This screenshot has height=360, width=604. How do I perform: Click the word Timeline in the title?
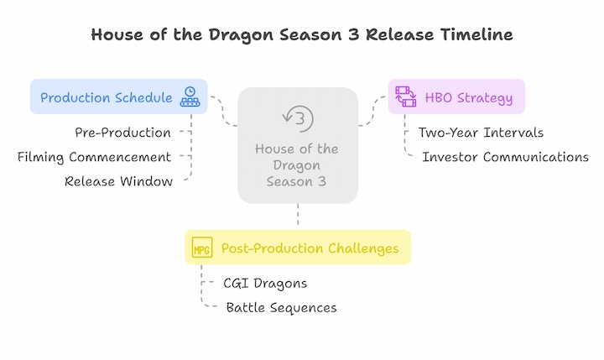(x=476, y=34)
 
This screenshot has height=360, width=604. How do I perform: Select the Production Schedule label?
(x=107, y=97)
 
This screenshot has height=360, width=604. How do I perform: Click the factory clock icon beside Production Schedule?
(x=190, y=97)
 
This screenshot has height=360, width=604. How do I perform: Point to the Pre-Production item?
(x=122, y=133)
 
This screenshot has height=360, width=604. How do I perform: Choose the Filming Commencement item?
(x=94, y=157)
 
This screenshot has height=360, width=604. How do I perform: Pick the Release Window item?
(x=118, y=181)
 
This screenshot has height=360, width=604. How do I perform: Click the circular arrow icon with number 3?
(x=298, y=118)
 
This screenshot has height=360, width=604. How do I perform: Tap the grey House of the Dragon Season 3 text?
(x=297, y=165)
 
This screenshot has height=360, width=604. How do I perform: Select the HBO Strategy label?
(x=469, y=98)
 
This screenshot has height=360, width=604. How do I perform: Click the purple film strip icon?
(x=406, y=97)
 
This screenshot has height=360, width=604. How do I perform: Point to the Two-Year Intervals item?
(x=481, y=133)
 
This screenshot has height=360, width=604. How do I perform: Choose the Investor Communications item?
(x=505, y=157)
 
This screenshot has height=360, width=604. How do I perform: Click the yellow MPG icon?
(x=202, y=247)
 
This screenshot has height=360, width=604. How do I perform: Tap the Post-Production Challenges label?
(x=310, y=248)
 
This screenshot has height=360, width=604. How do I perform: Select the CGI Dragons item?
(x=265, y=284)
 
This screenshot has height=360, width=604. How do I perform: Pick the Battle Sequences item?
(x=282, y=308)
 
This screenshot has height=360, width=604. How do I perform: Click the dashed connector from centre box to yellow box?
(x=298, y=215)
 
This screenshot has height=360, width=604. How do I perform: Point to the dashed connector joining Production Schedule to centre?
(x=222, y=111)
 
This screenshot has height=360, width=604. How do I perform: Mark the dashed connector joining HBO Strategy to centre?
(x=372, y=112)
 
